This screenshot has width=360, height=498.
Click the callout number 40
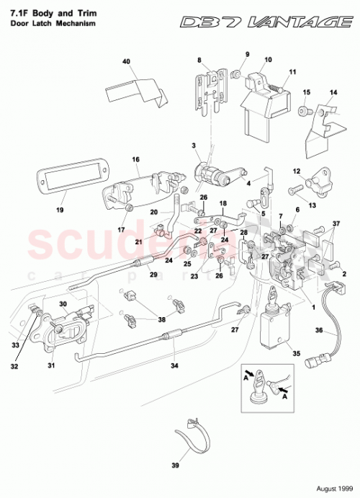[x=127, y=62]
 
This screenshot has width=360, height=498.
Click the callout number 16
[x=135, y=159]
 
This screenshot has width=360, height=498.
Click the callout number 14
[x=333, y=93]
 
